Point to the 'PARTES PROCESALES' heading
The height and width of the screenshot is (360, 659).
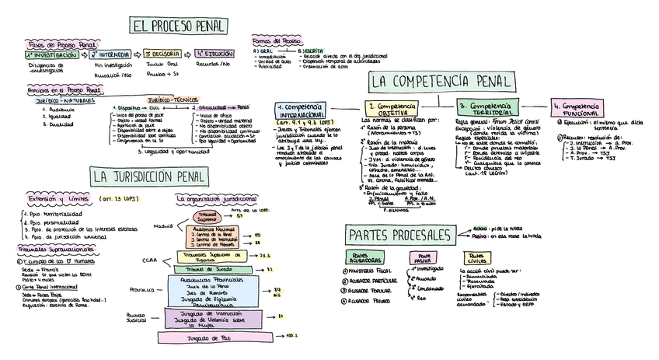pos(399,234)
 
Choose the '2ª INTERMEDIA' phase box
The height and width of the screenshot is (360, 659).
pos(110,55)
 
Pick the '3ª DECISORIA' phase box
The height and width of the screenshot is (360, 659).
pos(164,54)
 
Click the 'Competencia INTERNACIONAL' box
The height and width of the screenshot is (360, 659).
pos(301,110)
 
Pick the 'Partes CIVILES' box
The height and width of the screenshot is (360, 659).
pos(478,257)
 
